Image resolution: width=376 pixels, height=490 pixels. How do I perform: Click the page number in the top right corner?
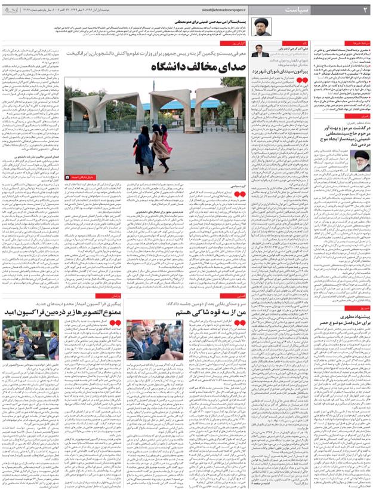[x=365, y=10]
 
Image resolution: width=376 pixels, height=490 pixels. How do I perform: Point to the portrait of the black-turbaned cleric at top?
[x=261, y=26]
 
